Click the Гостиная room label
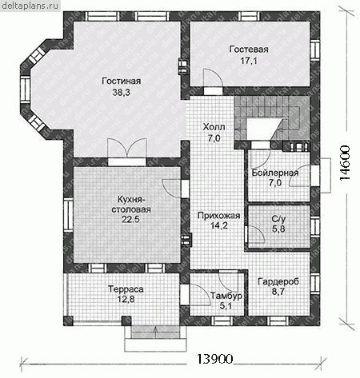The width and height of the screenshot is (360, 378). coord(122,81)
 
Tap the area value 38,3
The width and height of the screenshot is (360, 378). coord(121,93)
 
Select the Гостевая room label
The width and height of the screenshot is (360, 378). coord(249,50)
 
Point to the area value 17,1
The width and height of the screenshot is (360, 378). coord(249,61)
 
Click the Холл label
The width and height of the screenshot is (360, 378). coord(214,127)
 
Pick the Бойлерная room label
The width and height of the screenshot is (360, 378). coord(275,173)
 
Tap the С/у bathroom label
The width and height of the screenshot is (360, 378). coord(278,219)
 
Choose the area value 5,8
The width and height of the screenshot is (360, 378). coord(278,229)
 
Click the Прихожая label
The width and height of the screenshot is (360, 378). coord(218,216)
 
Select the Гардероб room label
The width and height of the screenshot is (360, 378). coord(278,281)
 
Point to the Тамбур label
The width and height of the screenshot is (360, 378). coord(226,296)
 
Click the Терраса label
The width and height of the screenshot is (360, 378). coord(126,289)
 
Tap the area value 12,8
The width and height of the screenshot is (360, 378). coord(126,300)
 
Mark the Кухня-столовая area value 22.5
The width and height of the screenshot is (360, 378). coord(130,220)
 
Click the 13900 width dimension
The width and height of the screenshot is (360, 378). coord(214,359)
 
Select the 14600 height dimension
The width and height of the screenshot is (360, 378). coord(345,163)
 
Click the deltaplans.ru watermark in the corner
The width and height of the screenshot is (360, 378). coord(30,6)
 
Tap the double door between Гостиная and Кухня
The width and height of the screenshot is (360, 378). coord(127,149)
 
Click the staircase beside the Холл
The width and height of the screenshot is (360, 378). coord(272,117)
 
